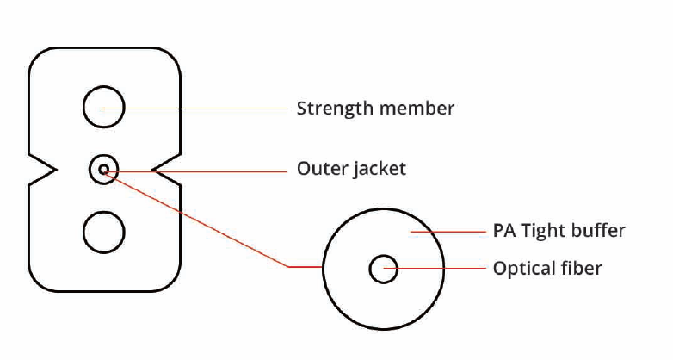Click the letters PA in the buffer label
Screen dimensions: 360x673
pos(503,231)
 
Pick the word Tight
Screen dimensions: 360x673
pos(543,232)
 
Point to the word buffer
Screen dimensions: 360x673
pos(599,231)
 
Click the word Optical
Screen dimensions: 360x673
pos(522,269)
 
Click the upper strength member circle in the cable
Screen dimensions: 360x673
pos(103,109)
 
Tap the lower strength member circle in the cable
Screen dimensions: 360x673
pos(103,232)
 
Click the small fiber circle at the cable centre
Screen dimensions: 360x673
pos(104,169)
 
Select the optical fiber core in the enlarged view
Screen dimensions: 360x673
pos(383,270)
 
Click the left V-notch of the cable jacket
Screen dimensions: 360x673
pos(47,169)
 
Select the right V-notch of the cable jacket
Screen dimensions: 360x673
pos(161,169)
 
